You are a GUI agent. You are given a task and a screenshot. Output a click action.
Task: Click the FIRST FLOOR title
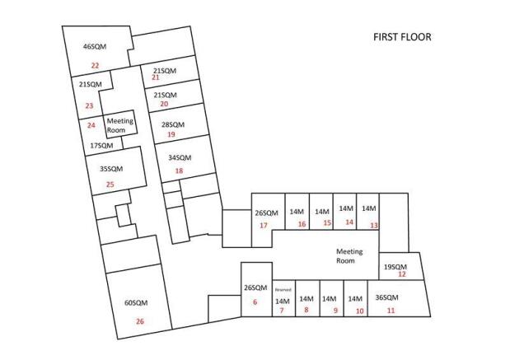402,37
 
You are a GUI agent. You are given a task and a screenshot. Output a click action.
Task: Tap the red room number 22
95,66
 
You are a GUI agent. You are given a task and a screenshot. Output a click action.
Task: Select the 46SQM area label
95,46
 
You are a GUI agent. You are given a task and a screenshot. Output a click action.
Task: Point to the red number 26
140,321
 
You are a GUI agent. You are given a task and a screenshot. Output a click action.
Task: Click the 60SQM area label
136,303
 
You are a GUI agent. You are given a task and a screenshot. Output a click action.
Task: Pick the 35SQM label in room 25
111,169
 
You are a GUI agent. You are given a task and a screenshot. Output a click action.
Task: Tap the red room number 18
180,171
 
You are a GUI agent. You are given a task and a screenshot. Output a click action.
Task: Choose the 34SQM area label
180,157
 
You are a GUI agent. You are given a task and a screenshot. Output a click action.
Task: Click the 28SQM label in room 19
173,124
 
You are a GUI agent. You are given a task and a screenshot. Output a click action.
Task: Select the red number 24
91,125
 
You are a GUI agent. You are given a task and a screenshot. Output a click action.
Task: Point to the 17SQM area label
101,146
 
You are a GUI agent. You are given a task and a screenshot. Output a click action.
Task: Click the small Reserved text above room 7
283,290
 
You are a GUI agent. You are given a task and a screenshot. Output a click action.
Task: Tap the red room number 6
255,302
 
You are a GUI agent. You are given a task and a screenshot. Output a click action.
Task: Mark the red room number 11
391,311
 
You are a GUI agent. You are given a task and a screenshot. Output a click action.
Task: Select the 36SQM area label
386,297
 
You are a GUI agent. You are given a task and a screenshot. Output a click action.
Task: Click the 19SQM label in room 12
395,267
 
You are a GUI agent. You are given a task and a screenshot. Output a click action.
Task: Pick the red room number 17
264,225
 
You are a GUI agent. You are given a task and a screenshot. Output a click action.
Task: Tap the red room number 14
349,222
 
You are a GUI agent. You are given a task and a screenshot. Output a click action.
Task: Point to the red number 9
335,311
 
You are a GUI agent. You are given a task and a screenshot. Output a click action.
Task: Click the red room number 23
89,105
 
